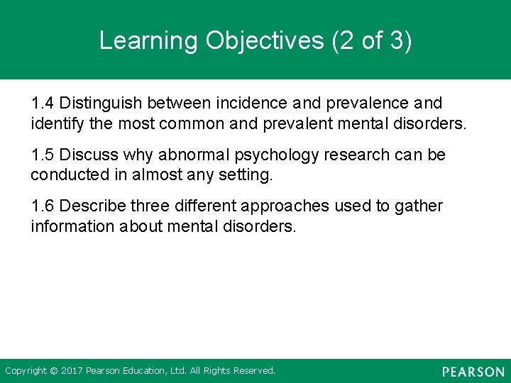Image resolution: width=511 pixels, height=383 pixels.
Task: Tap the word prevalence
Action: (360, 104)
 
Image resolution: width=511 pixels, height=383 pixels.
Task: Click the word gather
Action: (419, 207)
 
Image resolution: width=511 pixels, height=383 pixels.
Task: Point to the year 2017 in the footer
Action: (72, 371)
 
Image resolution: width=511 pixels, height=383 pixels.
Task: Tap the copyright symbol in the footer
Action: (53, 371)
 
